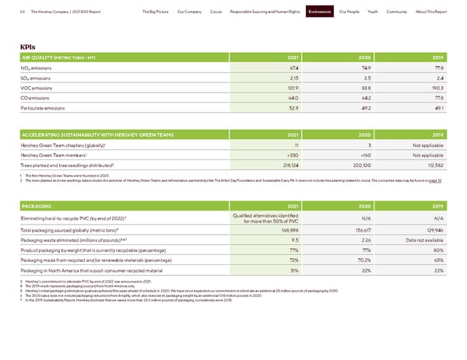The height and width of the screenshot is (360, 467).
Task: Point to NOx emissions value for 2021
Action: tap(292, 68)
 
